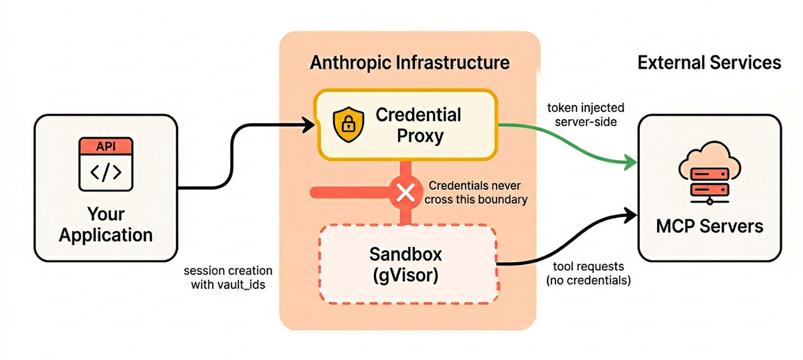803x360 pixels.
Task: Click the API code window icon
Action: click(x=105, y=163)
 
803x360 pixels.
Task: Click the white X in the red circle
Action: click(x=405, y=193)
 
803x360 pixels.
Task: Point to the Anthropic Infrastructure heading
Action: click(x=410, y=64)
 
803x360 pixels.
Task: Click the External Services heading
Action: click(x=709, y=63)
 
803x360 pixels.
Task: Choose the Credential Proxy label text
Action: click(x=418, y=124)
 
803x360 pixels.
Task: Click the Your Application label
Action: click(x=105, y=225)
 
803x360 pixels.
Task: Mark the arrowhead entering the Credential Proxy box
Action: click(x=309, y=124)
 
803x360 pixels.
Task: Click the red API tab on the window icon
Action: click(x=105, y=146)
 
